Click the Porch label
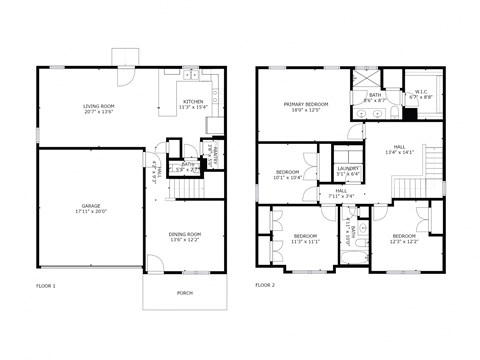tap(185, 293)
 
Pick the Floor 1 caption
tap(45, 286)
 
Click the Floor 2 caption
tap(265, 286)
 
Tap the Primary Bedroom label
tap(305, 106)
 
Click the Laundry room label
tap(348, 170)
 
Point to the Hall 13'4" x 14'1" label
tap(399, 149)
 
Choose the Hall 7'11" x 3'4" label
tap(341, 193)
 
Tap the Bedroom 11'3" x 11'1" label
tap(305, 238)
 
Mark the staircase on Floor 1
tap(186, 185)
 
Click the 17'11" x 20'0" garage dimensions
tap(89, 212)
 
